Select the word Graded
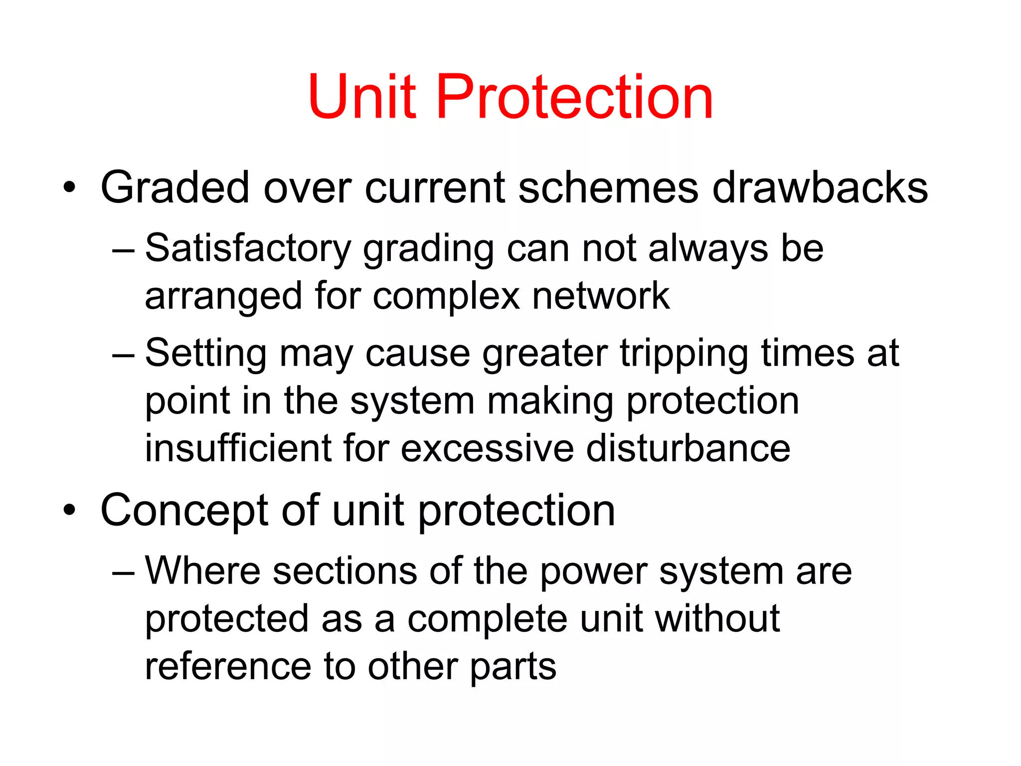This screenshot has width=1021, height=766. (x=174, y=188)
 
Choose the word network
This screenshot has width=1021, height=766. (x=601, y=296)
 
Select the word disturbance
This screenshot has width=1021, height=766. (x=688, y=448)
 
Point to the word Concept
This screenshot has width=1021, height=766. (x=184, y=511)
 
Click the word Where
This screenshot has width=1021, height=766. (x=203, y=571)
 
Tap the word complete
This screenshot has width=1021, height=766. (x=487, y=620)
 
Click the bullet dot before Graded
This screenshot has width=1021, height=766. (x=69, y=188)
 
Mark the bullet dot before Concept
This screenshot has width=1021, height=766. (x=69, y=511)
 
